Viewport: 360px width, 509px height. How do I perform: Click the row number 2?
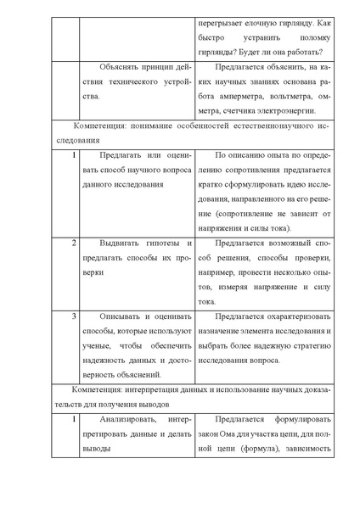(x=74, y=243)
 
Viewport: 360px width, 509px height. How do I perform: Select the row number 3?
(x=74, y=316)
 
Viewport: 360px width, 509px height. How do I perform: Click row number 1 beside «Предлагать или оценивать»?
(x=74, y=154)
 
